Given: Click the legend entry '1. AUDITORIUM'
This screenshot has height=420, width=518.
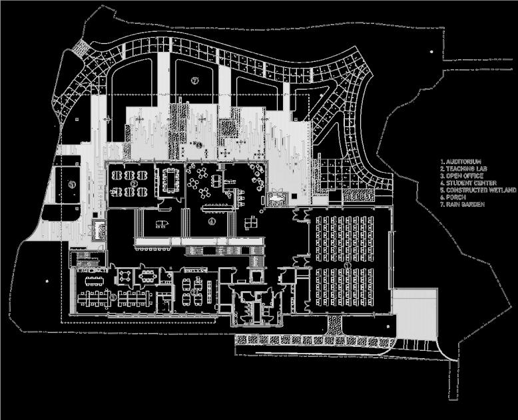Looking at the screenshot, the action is pyautogui.click(x=461, y=161).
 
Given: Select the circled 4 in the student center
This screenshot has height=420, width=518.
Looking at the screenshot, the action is pyautogui.click(x=212, y=221).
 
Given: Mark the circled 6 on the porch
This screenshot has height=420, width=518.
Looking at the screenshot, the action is pyautogui.click(x=198, y=144).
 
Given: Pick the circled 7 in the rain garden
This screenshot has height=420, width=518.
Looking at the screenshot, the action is pyautogui.click(x=194, y=80).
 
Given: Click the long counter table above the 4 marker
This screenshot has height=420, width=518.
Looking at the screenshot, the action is pyautogui.click(x=220, y=203).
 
